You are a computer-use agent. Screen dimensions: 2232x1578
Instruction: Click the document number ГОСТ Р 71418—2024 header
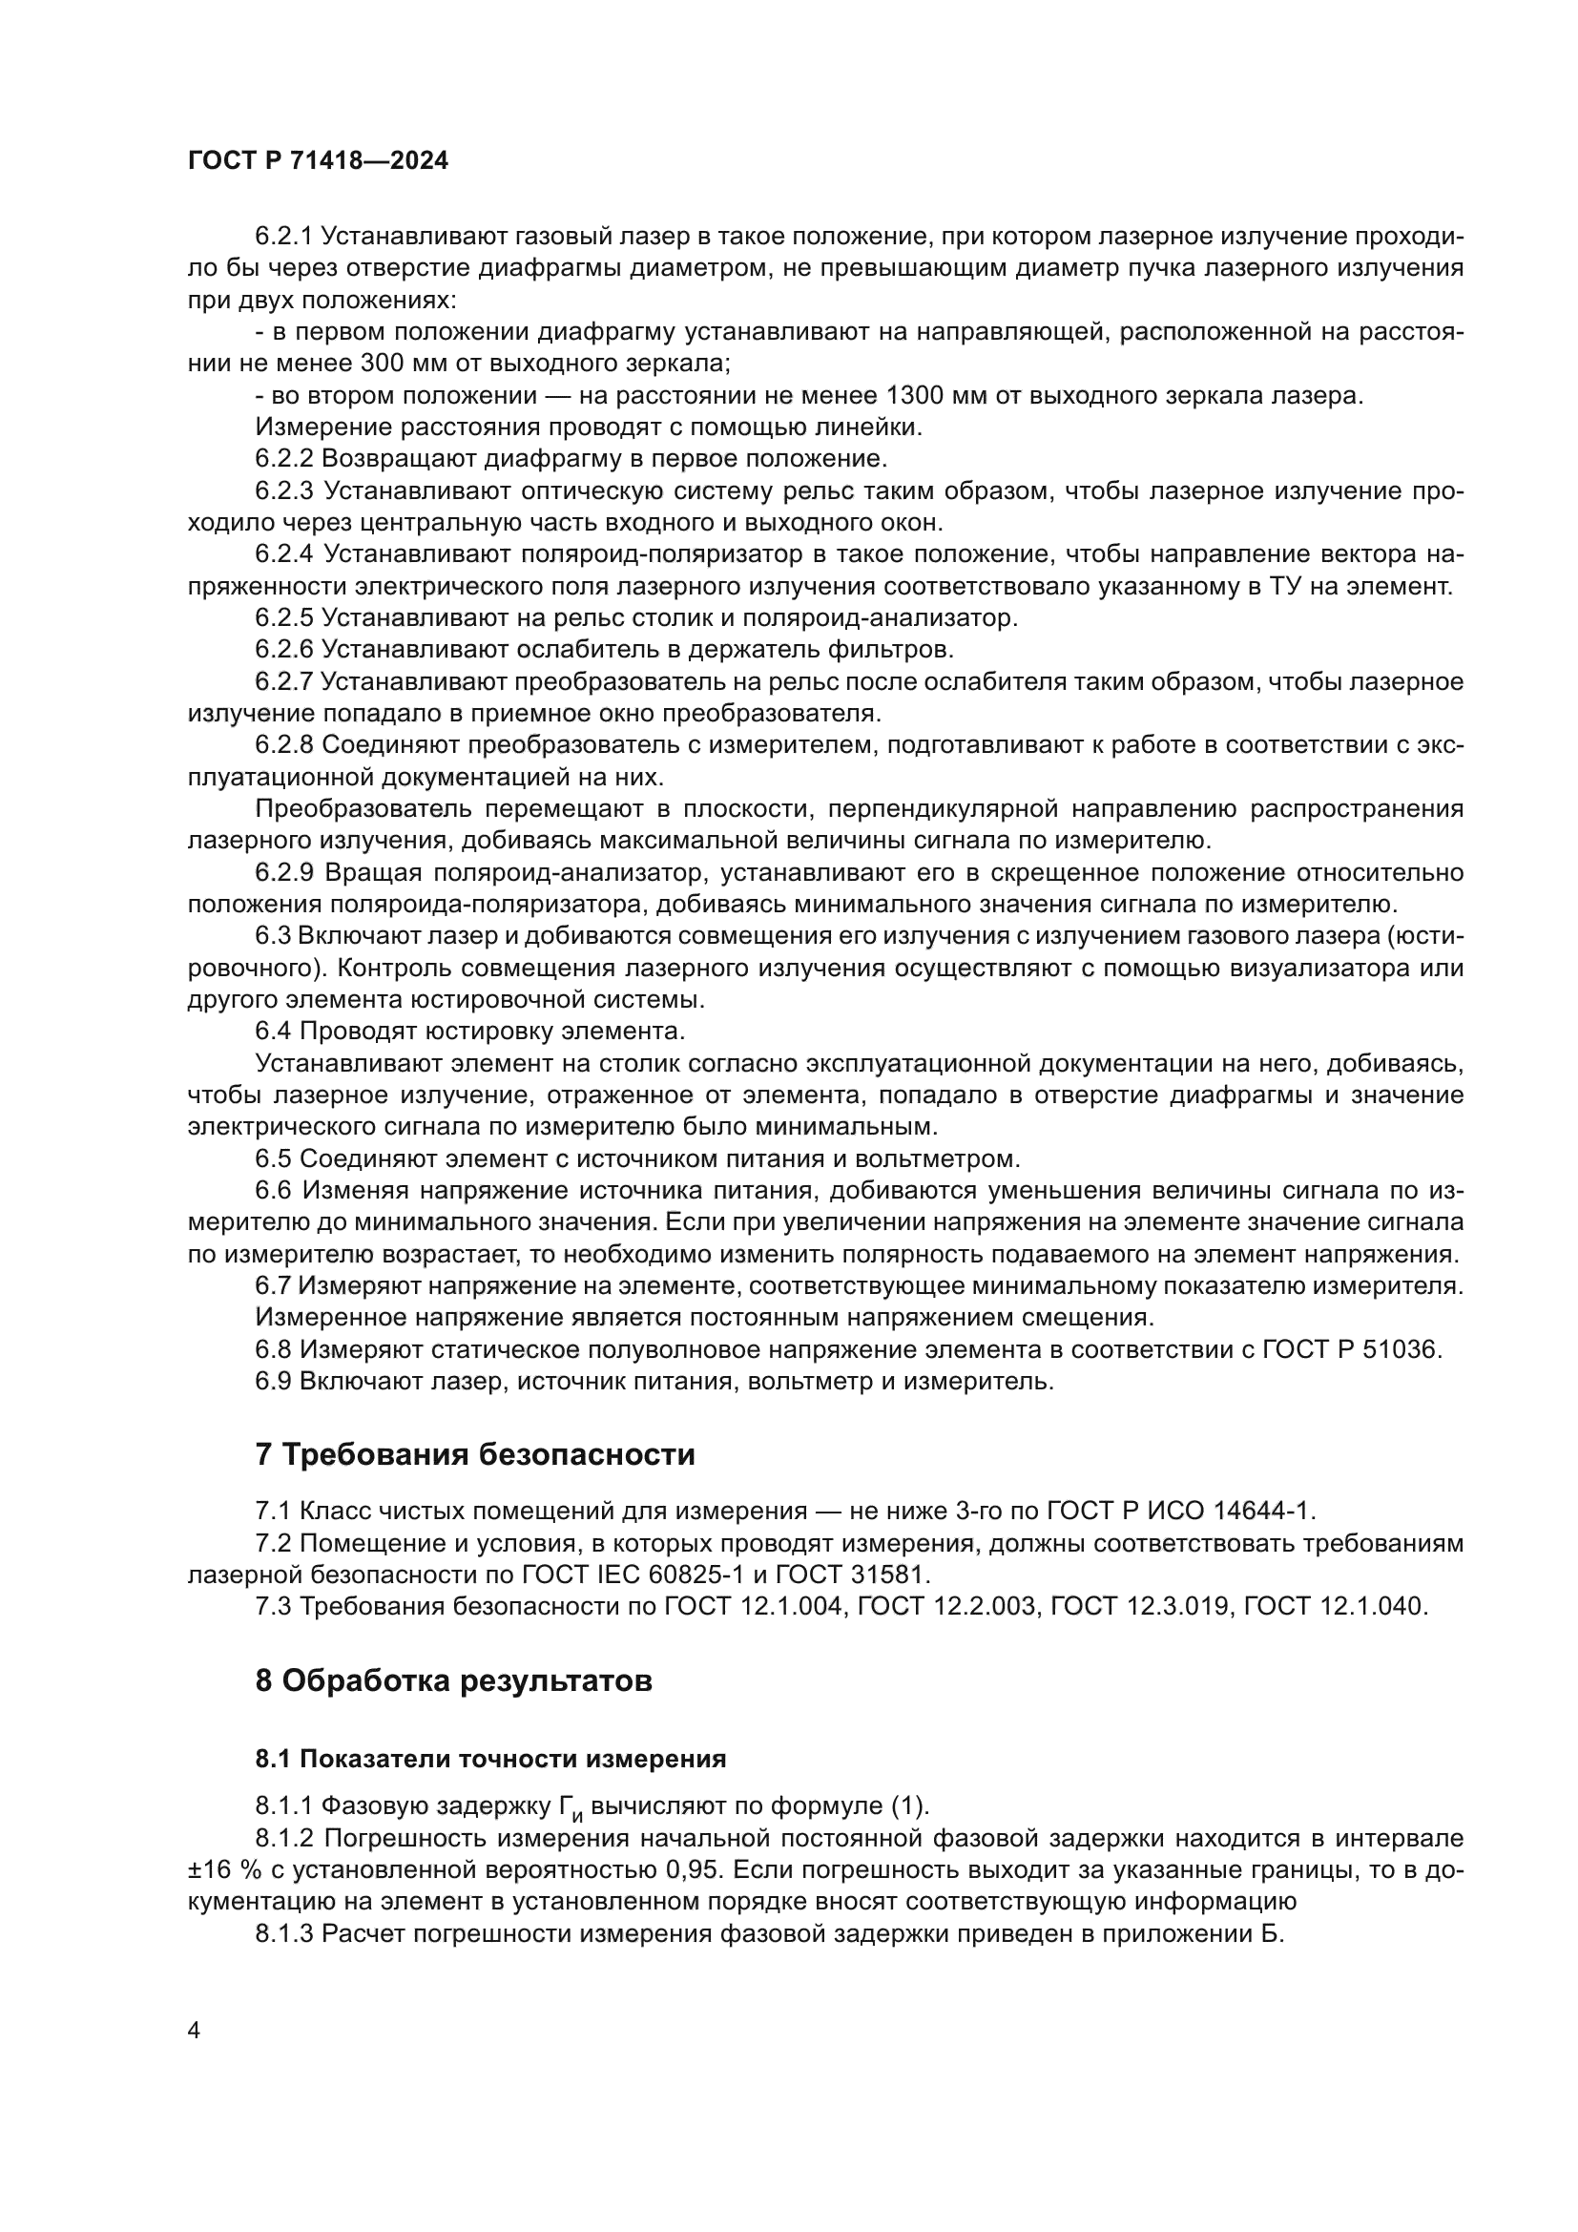(318, 161)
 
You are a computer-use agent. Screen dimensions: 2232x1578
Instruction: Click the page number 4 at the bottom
(194, 2031)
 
